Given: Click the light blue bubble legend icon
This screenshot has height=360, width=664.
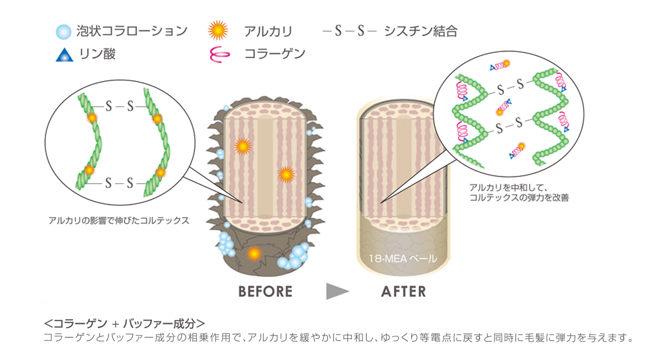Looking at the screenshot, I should point(65,32).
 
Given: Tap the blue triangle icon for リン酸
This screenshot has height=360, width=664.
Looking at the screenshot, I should point(65,54).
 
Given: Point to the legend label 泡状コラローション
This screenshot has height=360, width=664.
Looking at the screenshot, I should point(132,32).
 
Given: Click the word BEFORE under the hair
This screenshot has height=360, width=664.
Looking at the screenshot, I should point(265,291).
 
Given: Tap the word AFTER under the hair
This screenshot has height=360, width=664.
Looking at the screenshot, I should point(403,291).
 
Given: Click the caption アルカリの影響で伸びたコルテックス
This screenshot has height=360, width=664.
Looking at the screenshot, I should point(119,221).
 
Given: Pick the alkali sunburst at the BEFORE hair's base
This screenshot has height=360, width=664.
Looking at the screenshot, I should point(253,253).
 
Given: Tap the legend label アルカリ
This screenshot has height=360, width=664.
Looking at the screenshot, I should point(268,32).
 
